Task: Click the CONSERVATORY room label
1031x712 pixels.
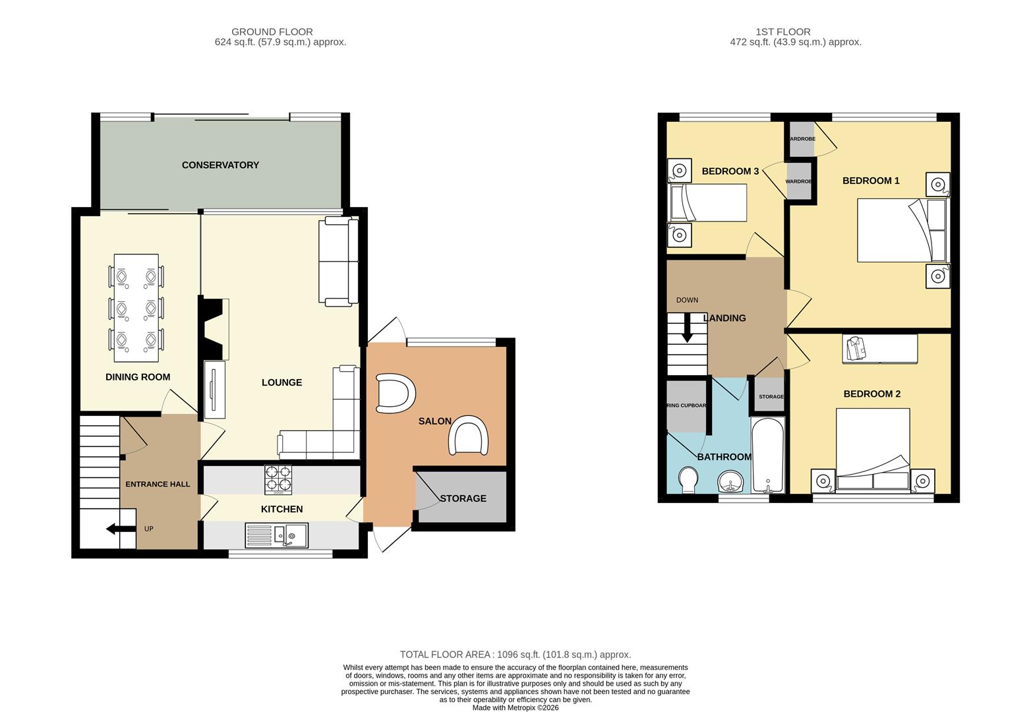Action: [220, 165]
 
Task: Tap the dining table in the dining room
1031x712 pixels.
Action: [136, 308]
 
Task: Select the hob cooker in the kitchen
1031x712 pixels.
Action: [278, 480]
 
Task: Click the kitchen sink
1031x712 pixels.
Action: [276, 535]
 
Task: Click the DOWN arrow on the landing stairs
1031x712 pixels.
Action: [687, 328]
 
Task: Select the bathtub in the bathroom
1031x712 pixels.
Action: [767, 455]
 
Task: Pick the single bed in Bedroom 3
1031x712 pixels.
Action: [707, 202]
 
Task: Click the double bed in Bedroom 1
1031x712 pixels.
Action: [901, 229]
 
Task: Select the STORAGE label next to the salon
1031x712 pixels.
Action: [463, 498]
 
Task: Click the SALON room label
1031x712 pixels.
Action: [435, 421]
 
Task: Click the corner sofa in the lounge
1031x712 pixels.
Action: [330, 429]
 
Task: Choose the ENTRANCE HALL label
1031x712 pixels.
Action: [158, 484]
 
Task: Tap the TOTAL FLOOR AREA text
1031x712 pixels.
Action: [515, 655]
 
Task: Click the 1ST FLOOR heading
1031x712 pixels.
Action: [783, 32]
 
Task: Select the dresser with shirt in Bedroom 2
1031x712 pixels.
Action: [879, 349]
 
